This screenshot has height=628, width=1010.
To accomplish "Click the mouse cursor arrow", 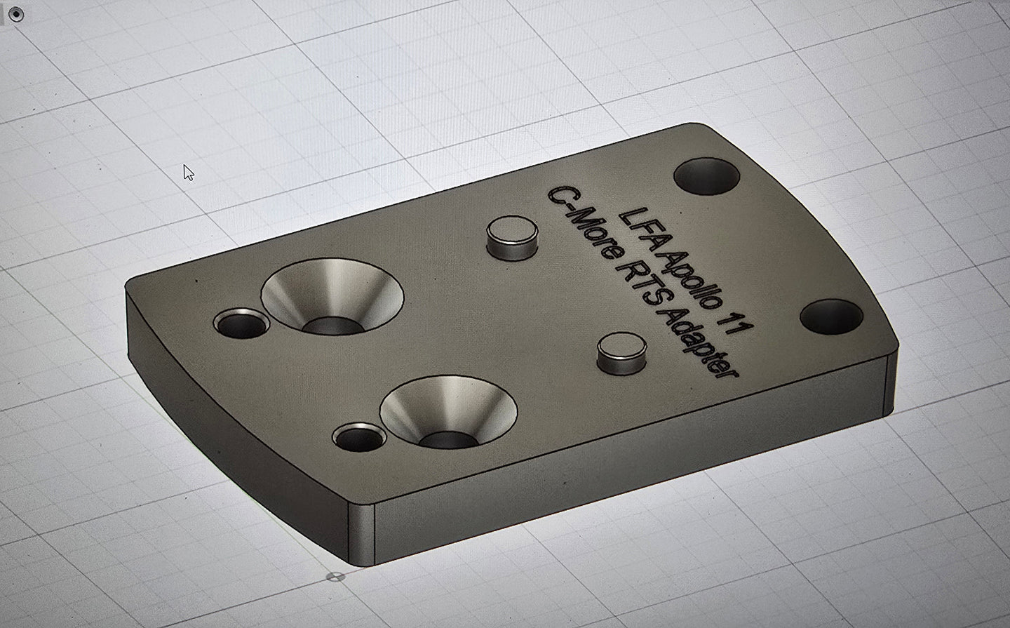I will click(x=187, y=173).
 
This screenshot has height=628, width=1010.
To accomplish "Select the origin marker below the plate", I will click(x=337, y=577).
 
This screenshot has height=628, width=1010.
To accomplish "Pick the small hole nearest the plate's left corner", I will click(x=241, y=323).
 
